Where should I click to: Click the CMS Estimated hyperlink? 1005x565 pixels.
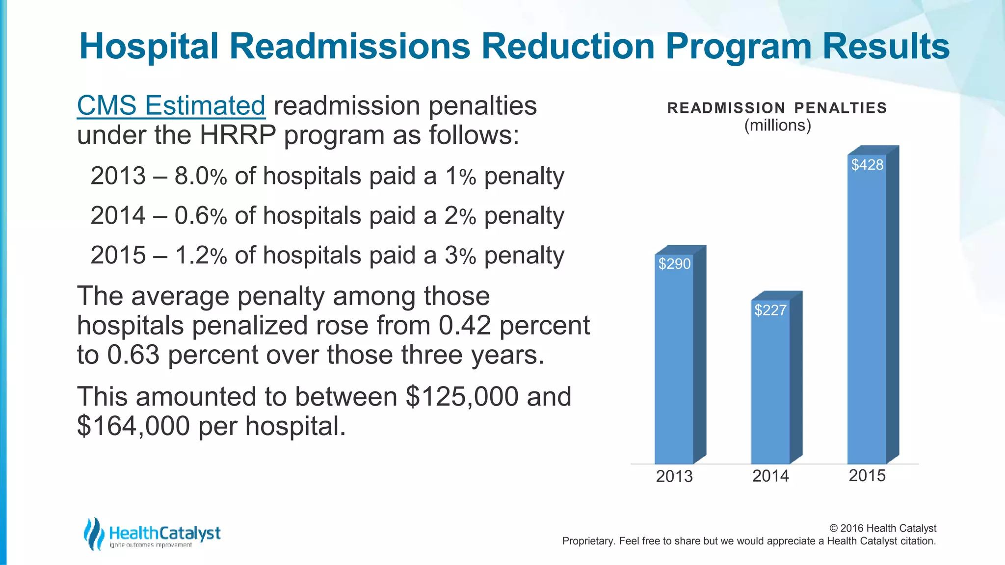click(171, 106)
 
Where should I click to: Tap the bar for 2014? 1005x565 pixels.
click(770, 387)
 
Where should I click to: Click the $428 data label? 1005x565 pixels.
click(867, 165)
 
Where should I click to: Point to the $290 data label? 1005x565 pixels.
click(674, 264)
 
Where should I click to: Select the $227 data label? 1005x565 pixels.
click(770, 310)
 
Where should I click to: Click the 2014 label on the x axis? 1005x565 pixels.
click(770, 476)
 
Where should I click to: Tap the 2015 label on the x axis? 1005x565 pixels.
click(867, 475)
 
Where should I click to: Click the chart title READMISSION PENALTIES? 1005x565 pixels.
click(777, 108)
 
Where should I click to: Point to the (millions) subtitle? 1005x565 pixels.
click(777, 126)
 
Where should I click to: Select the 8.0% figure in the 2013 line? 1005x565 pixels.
click(200, 176)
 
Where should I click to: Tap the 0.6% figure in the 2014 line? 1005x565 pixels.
click(200, 216)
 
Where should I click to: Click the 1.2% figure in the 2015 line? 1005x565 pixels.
click(200, 256)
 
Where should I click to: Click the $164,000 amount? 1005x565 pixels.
click(133, 426)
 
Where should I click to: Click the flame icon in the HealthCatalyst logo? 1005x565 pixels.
click(93, 534)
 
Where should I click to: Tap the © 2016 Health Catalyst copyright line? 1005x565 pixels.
click(882, 528)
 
